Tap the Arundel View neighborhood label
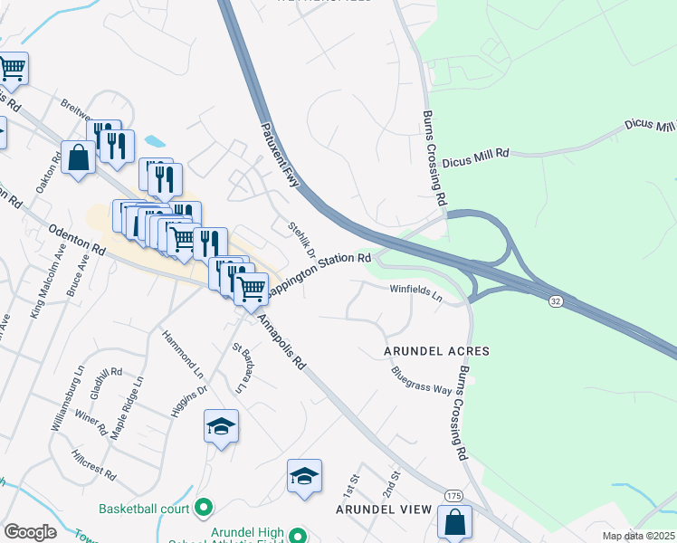(x=384, y=510)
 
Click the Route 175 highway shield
(x=453, y=496)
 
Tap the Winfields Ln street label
(x=415, y=292)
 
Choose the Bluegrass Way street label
(x=421, y=380)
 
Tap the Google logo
(x=30, y=532)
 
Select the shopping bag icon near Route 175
(x=454, y=521)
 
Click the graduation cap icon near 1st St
(x=305, y=476)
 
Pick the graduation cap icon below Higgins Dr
(x=221, y=426)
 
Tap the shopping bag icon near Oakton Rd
(x=78, y=157)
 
